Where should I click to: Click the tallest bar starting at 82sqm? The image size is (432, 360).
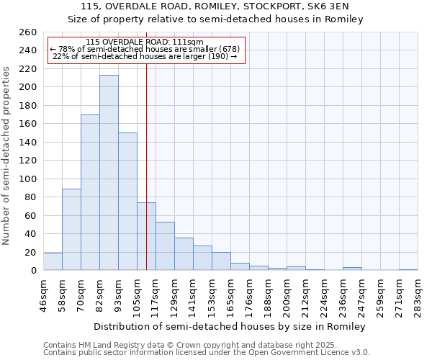(x=109, y=173)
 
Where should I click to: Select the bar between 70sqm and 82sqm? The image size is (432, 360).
(x=90, y=192)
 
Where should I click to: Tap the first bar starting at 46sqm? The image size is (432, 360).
(x=53, y=262)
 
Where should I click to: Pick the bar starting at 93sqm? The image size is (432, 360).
(x=127, y=202)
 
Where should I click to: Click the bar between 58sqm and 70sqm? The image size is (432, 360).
(x=71, y=229)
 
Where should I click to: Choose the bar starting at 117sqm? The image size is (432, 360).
(x=165, y=246)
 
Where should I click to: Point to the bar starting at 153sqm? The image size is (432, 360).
(x=221, y=261)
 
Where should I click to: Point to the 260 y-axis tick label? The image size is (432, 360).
(x=28, y=32)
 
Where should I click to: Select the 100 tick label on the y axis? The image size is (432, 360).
(x=28, y=179)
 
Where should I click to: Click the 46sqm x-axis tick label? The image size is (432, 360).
(x=43, y=294)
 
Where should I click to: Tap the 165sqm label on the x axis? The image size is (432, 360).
(x=230, y=294)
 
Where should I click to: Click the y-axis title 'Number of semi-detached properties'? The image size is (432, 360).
(x=7, y=155)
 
